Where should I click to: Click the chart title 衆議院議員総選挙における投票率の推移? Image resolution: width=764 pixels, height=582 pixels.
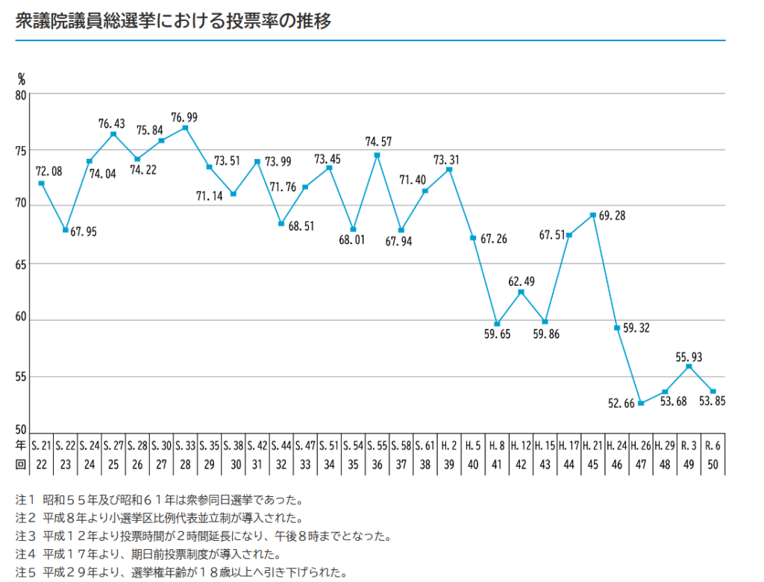coord(173,21)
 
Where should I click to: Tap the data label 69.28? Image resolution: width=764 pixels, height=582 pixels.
coord(613,216)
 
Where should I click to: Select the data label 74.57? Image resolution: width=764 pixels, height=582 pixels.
coord(378,141)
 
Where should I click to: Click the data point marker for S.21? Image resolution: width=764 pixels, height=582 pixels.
coord(42,184)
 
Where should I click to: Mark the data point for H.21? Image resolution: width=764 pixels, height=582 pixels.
coord(593,215)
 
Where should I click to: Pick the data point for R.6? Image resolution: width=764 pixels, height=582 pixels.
coord(713,392)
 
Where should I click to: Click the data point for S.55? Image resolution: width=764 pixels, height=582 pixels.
coord(378,155)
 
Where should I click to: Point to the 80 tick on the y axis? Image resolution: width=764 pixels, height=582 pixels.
coord(20,95)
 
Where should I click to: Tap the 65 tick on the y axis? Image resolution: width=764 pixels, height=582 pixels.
coord(20,264)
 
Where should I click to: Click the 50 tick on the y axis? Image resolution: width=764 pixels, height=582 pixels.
coord(20,431)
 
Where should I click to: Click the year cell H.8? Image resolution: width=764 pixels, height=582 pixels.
coord(497,446)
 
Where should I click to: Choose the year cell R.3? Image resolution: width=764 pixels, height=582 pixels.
coord(689,446)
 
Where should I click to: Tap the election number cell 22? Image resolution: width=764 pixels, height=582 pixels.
coord(42,463)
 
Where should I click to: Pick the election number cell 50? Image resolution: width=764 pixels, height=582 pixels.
coord(713,463)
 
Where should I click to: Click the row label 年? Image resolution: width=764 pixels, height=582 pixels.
coord(21,446)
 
